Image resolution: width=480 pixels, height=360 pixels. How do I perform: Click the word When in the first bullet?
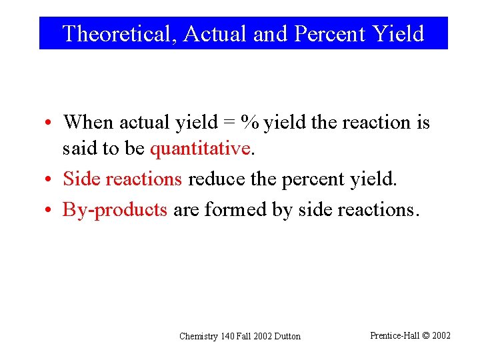[88, 123]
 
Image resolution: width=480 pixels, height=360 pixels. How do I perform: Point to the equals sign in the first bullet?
[230, 123]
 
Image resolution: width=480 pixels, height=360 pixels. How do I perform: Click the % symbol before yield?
[251, 123]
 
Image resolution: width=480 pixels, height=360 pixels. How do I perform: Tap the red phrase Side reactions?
[123, 179]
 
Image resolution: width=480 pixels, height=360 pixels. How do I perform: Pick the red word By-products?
[115, 209]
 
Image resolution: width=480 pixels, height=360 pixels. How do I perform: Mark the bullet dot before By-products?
[50, 210]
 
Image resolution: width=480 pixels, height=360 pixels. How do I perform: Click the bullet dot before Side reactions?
[50, 179]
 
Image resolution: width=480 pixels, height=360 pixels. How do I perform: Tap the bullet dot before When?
[50, 123]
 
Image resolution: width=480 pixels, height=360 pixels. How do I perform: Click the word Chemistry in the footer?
[199, 337]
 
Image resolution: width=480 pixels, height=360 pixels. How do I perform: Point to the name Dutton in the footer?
[287, 337]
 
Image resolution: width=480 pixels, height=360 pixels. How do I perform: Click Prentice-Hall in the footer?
[395, 335]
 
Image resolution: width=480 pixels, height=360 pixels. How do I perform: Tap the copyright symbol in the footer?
[426, 335]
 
